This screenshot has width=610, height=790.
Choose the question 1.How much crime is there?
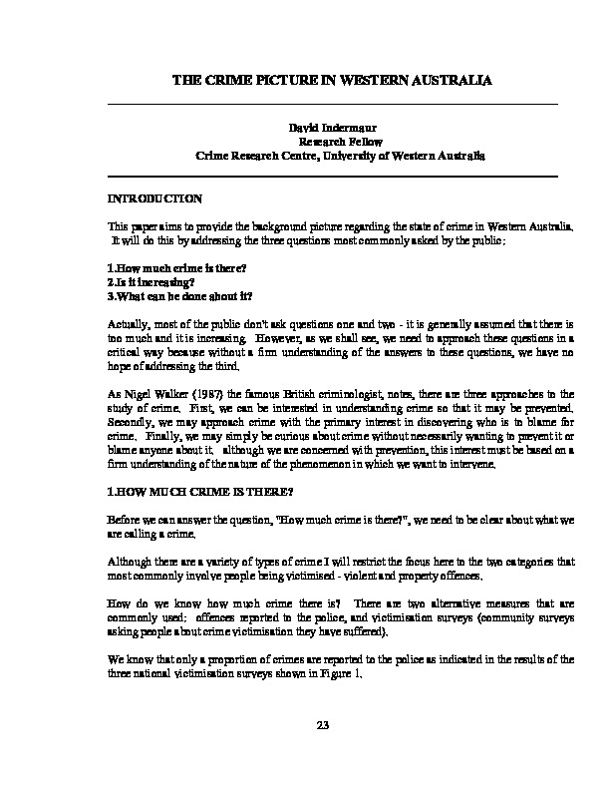point(162,269)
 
